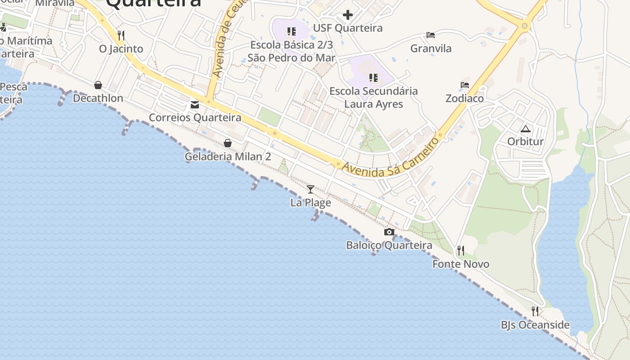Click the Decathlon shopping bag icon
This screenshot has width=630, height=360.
(98, 85)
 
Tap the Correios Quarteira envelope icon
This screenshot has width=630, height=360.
(195, 105)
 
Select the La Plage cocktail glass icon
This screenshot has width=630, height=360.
(310, 189)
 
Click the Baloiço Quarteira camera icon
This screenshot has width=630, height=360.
(389, 232)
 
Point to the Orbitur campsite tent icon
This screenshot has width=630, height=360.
(525, 129)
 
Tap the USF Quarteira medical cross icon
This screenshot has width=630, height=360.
(347, 15)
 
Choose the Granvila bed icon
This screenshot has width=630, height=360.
(431, 35)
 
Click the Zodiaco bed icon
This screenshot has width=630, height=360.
(465, 85)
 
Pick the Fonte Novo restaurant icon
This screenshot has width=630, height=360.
(460, 250)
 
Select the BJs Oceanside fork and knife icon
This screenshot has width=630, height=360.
(535, 311)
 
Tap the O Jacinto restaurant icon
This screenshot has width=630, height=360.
(121, 35)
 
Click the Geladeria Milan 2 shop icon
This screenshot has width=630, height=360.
(228, 143)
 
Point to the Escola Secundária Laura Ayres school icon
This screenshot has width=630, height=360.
(373, 78)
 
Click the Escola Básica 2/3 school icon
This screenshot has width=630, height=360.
(292, 31)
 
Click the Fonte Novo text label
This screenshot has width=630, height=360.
(460, 264)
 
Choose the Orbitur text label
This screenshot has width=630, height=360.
(525, 142)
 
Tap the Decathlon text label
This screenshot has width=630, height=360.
(98, 98)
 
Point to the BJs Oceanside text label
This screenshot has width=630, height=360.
(535, 325)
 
